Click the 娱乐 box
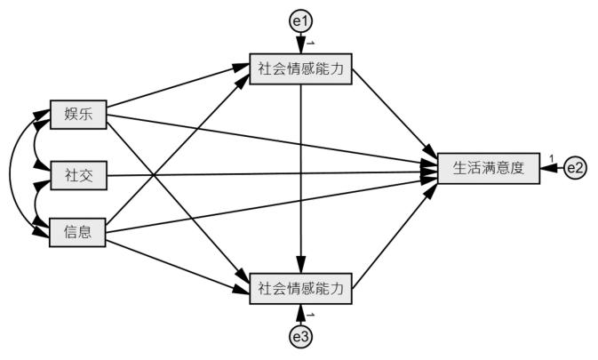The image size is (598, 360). pos(78,114)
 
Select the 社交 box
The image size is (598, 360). pos(78,175)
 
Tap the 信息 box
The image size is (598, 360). pos(78,234)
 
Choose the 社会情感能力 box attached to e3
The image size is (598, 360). pos(302,288)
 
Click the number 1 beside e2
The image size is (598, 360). pos(551,159)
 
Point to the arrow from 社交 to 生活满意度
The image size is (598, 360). pos(267,172)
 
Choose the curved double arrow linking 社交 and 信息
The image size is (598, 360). pos(36,204)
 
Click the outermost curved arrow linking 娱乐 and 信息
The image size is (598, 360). pos(12,173)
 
